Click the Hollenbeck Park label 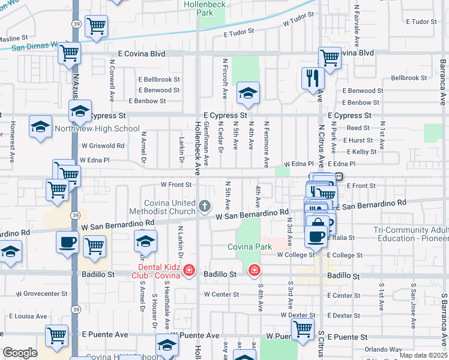(206, 8)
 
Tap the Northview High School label (97, 128)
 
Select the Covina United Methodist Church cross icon (205, 207)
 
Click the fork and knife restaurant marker (313, 78)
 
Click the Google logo (20, 353)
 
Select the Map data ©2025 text (423, 355)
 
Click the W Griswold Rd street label (103, 145)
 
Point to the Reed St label (358, 128)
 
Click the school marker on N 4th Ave (248, 93)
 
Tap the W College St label (296, 255)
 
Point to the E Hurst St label (357, 140)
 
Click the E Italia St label (342, 238)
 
